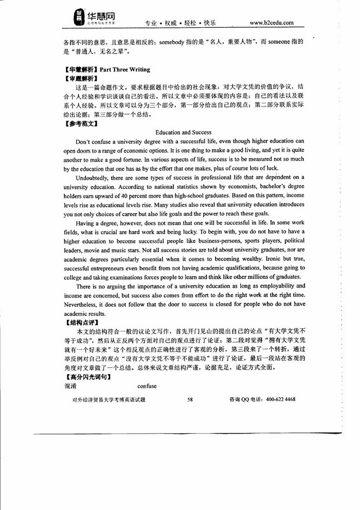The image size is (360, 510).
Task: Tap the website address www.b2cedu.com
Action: pyautogui.click(x=271, y=23)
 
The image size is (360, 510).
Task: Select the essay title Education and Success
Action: pyautogui.click(x=183, y=132)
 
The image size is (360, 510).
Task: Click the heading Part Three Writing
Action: pyautogui.click(x=125, y=69)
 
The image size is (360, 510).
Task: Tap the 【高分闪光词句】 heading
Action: pyautogui.click(x=85, y=377)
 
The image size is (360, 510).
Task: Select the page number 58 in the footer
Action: pyautogui.click(x=190, y=399)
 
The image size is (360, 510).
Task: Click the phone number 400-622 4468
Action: pyautogui.click(x=278, y=399)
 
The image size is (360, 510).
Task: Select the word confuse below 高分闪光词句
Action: pyautogui.click(x=147, y=386)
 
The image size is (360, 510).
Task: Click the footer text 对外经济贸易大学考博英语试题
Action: pyautogui.click(x=105, y=399)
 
